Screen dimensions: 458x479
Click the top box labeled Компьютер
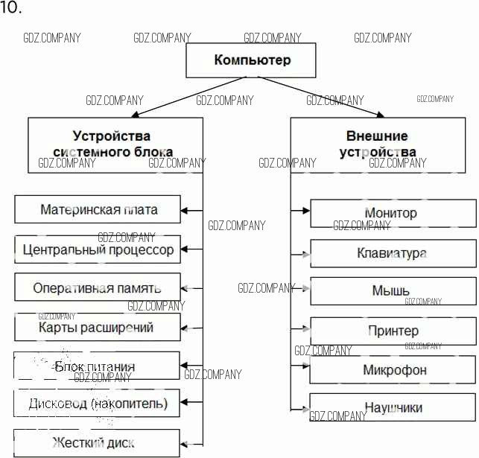pyautogui.click(x=253, y=60)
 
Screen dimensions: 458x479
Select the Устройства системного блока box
pyautogui.click(x=115, y=144)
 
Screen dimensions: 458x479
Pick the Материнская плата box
pyautogui.click(x=98, y=209)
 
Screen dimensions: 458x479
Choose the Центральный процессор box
pyautogui.click(x=98, y=249)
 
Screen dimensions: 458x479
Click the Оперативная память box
pyautogui.click(x=98, y=287)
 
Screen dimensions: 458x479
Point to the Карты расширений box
pyautogui.click(x=98, y=327)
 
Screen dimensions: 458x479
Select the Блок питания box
pyautogui.click(x=98, y=366)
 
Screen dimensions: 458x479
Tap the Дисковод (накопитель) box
pyautogui.click(x=98, y=404)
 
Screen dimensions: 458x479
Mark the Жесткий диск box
pyautogui.click(x=98, y=443)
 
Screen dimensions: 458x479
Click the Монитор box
pyautogui.click(x=393, y=213)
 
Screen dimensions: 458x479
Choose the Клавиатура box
pyautogui.click(x=393, y=253)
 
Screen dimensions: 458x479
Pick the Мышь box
pyautogui.click(x=393, y=290)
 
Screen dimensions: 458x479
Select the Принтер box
pyautogui.click(x=393, y=331)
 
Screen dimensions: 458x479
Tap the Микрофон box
pyautogui.click(x=393, y=369)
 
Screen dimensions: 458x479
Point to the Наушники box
pyautogui.click(x=393, y=407)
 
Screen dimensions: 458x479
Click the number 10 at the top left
pyautogui.click(x=11, y=8)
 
